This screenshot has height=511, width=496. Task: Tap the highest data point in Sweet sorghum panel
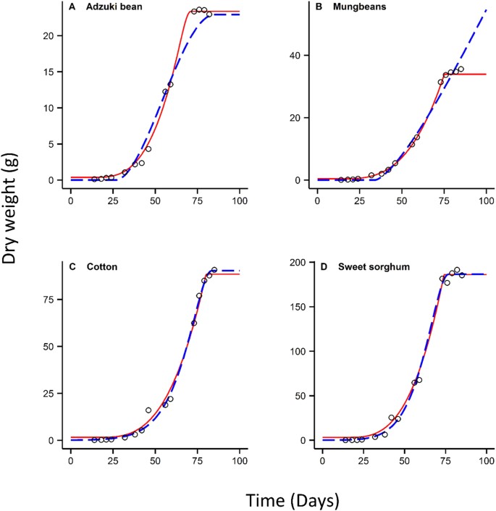click(457, 270)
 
